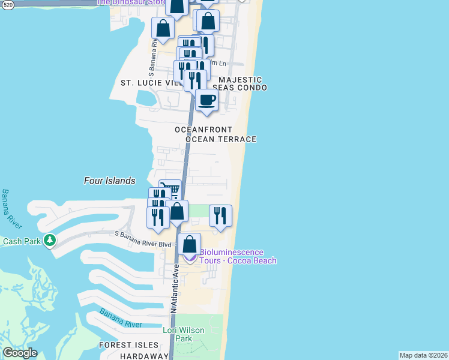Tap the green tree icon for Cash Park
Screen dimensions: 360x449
click(50, 241)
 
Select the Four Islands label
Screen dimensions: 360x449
click(109, 181)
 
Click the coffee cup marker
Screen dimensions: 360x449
click(207, 100)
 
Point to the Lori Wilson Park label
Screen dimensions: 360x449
click(184, 335)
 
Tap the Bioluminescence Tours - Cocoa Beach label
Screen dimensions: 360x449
click(238, 257)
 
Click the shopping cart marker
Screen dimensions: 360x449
click(172, 190)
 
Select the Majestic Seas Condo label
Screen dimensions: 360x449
click(240, 83)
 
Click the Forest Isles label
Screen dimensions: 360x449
click(130, 345)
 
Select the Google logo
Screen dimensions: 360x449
click(20, 353)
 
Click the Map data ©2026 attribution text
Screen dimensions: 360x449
click(423, 355)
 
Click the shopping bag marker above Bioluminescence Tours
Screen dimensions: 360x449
click(190, 244)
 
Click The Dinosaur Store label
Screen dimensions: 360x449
click(131, 2)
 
